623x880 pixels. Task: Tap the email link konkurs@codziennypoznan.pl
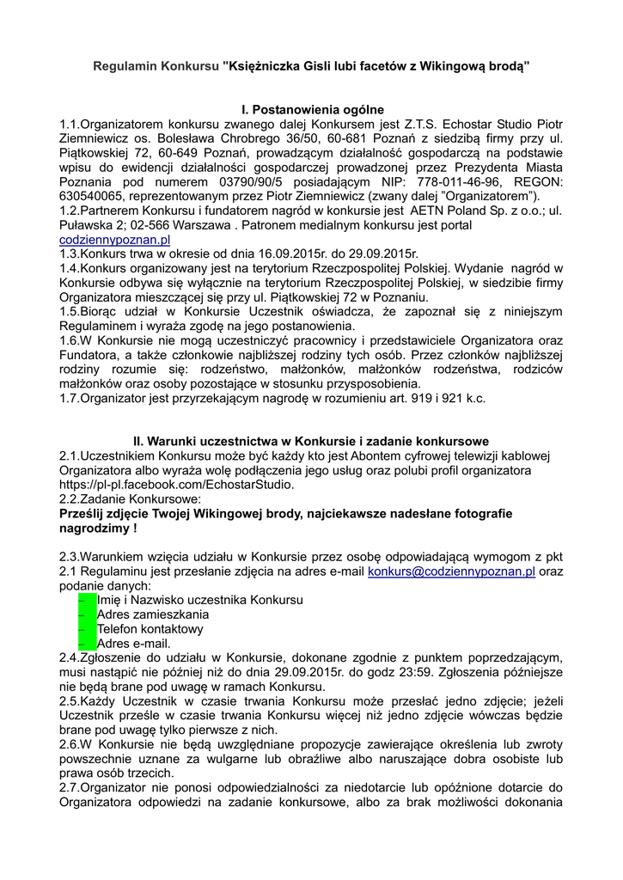(x=451, y=571)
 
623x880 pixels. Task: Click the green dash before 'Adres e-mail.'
(x=86, y=644)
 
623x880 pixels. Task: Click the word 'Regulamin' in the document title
(x=125, y=65)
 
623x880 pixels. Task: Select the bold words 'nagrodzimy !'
(x=99, y=529)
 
